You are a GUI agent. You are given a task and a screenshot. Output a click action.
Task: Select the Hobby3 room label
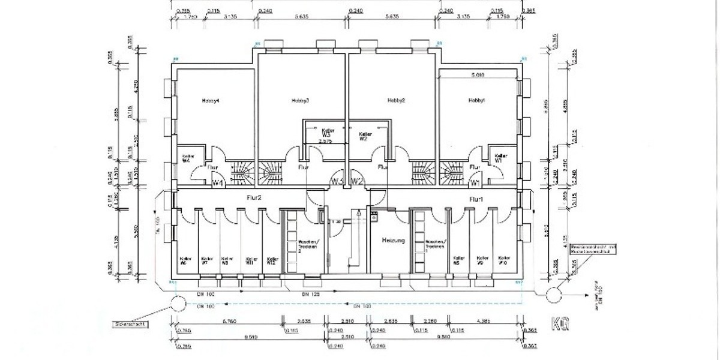click(x=300, y=100)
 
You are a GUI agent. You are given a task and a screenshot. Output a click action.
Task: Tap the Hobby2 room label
click(x=397, y=100)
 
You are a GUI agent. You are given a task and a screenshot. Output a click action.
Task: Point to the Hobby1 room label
click(x=477, y=100)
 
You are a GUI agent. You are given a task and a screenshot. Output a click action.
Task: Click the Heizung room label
click(x=394, y=241)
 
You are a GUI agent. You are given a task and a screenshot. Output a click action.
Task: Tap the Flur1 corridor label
click(x=476, y=199)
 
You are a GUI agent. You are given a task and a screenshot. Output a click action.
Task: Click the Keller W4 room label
click(x=186, y=158)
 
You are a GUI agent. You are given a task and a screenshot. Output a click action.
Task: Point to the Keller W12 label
click(x=273, y=260)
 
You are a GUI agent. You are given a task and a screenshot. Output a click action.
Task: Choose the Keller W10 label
click(x=503, y=260)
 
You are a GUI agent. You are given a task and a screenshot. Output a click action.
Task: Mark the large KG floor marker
click(x=560, y=323)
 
